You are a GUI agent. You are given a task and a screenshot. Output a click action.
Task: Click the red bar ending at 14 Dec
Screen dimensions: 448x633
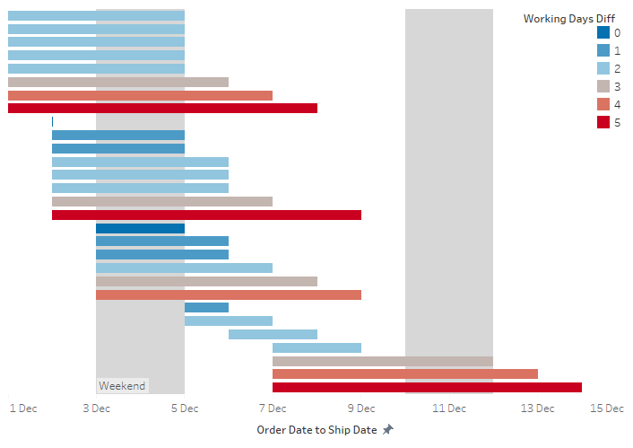427,388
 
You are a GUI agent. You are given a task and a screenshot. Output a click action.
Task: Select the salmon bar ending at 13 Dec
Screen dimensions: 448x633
404,374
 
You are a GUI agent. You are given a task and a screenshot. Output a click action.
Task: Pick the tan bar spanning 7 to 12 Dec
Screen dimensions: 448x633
383,361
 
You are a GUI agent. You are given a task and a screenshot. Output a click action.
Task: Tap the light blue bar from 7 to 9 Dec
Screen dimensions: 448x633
316,347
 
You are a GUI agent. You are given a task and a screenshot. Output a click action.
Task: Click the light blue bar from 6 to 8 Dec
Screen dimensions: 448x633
273,334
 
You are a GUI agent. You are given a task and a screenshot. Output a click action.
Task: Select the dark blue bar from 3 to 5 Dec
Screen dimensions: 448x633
140,228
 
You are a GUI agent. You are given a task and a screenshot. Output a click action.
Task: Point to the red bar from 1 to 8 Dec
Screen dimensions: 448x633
162,109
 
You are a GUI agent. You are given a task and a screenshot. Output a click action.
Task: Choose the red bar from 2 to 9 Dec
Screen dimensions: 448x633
206,215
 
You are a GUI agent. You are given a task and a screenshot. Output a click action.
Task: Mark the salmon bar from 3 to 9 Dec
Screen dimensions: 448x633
228,294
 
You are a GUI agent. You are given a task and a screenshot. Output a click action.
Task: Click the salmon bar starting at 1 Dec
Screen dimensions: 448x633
140,95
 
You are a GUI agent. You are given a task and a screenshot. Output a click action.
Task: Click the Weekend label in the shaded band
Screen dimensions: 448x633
122,386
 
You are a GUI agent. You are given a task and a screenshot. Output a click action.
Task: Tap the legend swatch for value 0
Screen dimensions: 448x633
603,33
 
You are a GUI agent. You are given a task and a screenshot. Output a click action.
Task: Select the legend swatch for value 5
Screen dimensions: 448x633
603,123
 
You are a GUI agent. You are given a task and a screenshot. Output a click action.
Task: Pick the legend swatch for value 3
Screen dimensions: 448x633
603,87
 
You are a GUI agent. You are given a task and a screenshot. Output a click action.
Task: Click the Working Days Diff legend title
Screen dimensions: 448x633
568,18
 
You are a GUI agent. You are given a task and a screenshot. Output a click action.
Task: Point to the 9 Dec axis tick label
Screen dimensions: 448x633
360,408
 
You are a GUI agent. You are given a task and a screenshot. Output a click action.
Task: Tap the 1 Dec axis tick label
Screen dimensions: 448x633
23,408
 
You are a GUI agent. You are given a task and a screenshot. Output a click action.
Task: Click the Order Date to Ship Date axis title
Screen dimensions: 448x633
316,430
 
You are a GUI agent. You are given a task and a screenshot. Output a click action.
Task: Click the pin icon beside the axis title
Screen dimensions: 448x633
387,430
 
